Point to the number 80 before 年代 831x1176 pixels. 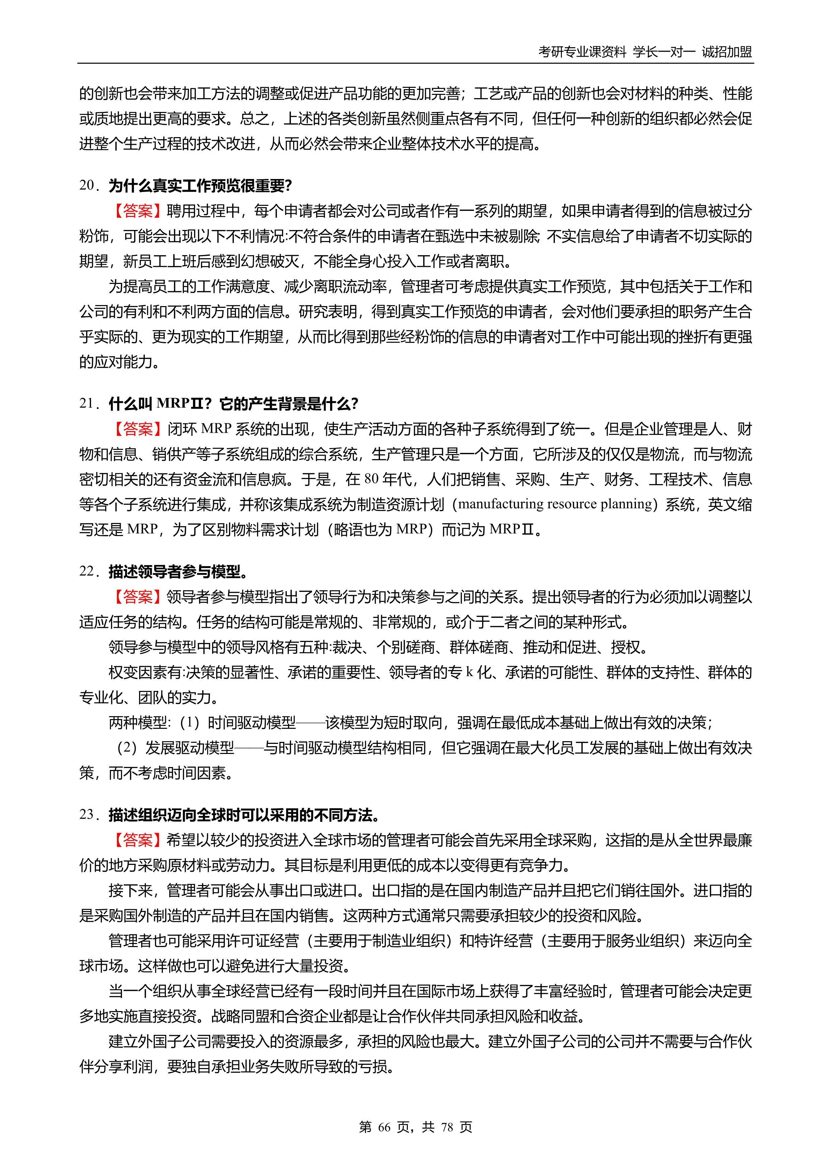point(371,479)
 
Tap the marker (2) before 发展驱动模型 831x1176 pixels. point(127,748)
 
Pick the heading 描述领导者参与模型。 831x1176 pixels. point(178,572)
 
